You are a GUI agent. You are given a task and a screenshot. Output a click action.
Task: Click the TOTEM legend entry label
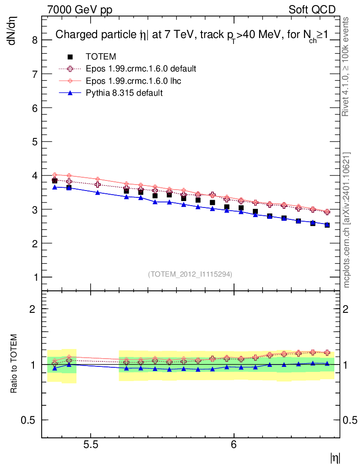[x=101, y=57]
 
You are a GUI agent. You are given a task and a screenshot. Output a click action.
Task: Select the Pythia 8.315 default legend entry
[x=124, y=93]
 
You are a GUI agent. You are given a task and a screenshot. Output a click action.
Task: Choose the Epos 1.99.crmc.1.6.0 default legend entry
[x=141, y=69]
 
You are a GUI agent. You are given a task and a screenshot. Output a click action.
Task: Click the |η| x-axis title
[x=335, y=457]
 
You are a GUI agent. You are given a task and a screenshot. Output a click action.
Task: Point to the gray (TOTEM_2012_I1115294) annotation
[x=190, y=274]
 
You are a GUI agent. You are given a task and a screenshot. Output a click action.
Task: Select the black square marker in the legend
[x=70, y=57]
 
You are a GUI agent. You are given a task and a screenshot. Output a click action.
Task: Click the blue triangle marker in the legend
[x=70, y=93]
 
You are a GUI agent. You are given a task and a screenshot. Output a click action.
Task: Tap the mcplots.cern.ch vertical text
[x=347, y=220]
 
